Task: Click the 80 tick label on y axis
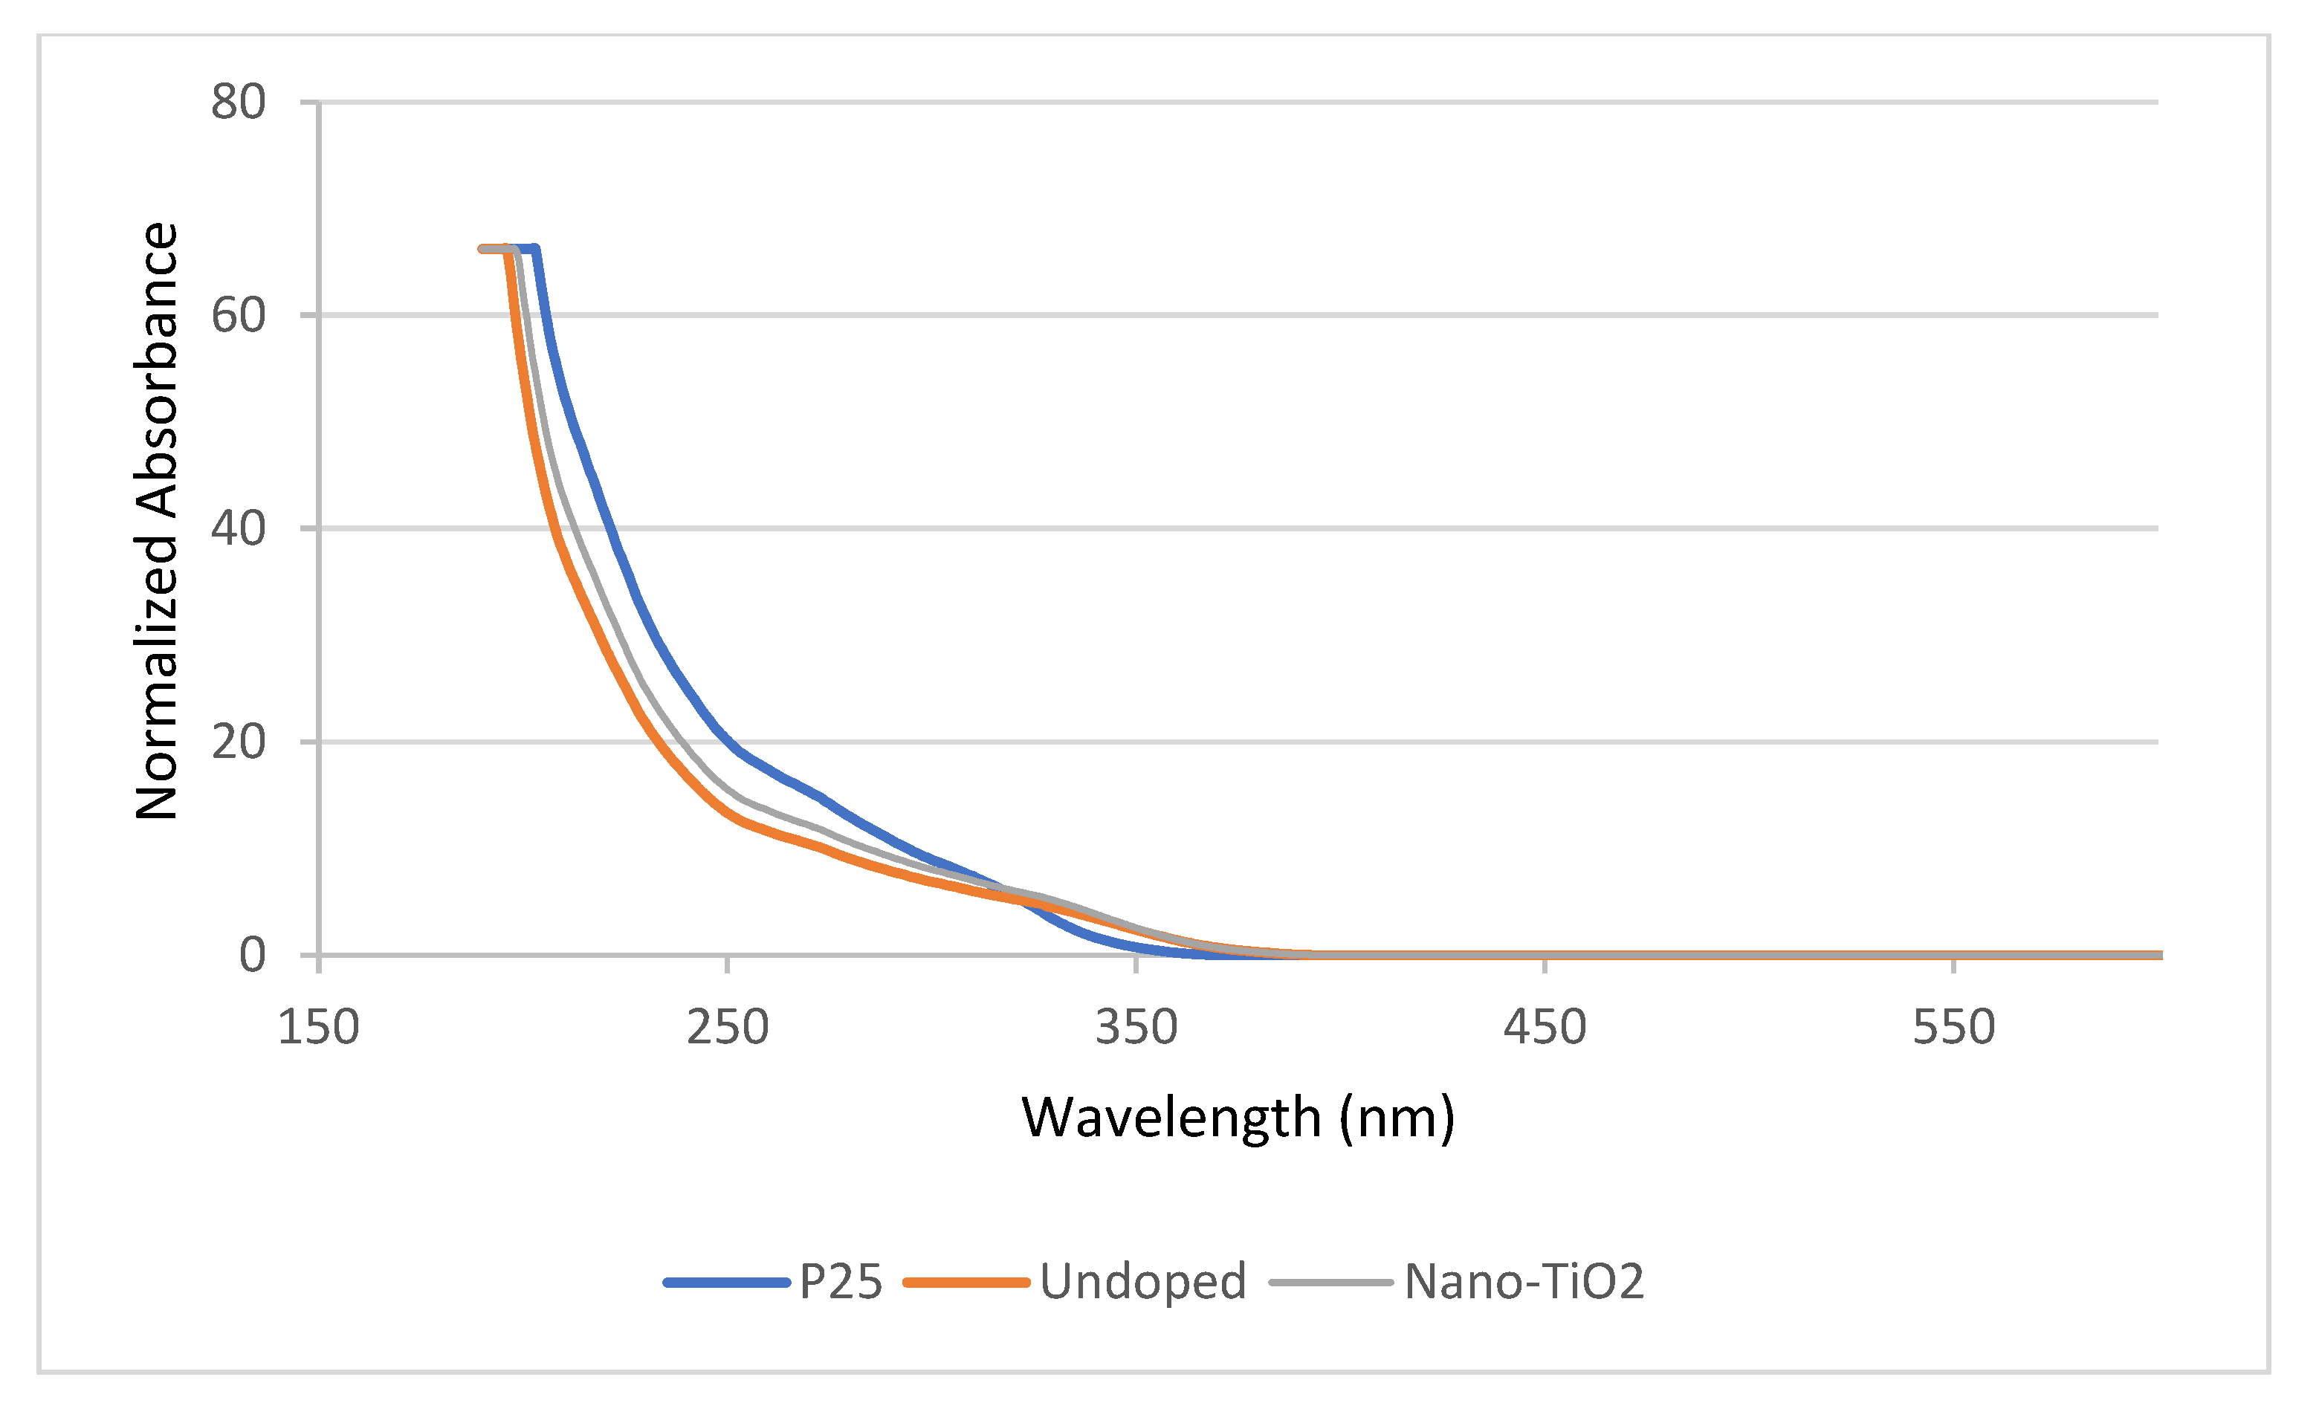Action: pyautogui.click(x=238, y=102)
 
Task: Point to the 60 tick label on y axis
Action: pyautogui.click(x=238, y=315)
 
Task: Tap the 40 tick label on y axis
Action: pyautogui.click(x=238, y=528)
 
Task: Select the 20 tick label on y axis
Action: pyautogui.click(x=238, y=742)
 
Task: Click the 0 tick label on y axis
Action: pyautogui.click(x=252, y=956)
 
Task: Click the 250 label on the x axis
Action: pyautogui.click(x=727, y=1028)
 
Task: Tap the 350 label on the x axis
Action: pyautogui.click(x=1136, y=1028)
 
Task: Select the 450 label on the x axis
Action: pyautogui.click(x=1545, y=1028)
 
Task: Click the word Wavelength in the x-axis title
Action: pyautogui.click(x=1171, y=1118)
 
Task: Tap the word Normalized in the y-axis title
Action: pyautogui.click(x=156, y=678)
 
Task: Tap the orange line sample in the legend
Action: pyautogui.click(x=966, y=1283)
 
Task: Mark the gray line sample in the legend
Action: pyautogui.click(x=1330, y=1283)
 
